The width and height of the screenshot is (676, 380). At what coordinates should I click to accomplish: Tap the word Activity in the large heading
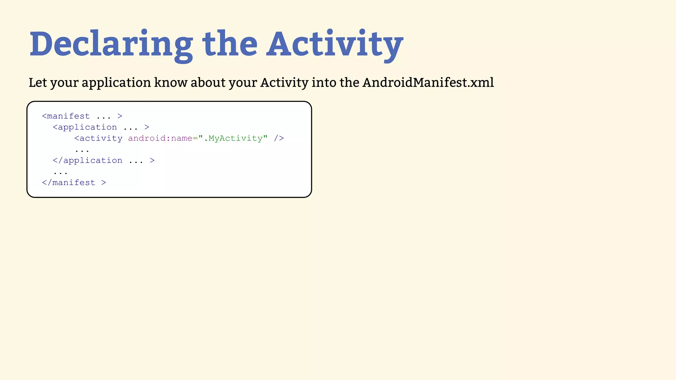pos(335,45)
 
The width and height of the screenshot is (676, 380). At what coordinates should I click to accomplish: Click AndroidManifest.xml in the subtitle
pos(428,82)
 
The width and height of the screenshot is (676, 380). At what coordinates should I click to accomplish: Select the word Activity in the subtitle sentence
pos(284,82)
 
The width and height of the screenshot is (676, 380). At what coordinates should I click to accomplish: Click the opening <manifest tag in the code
pos(66,116)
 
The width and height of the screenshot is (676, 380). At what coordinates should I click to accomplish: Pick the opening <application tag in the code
pos(85,127)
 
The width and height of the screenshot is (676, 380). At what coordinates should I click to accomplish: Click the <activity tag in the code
pos(98,138)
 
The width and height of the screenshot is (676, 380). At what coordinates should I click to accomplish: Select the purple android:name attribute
pos(160,138)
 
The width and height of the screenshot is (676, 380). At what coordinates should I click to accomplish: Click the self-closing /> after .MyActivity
pos(279,138)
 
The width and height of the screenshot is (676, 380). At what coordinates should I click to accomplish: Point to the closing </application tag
pos(87,161)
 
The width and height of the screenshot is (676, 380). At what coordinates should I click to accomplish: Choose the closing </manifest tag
pos(69,183)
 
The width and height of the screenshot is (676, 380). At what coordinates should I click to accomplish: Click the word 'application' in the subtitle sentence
pos(116,82)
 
